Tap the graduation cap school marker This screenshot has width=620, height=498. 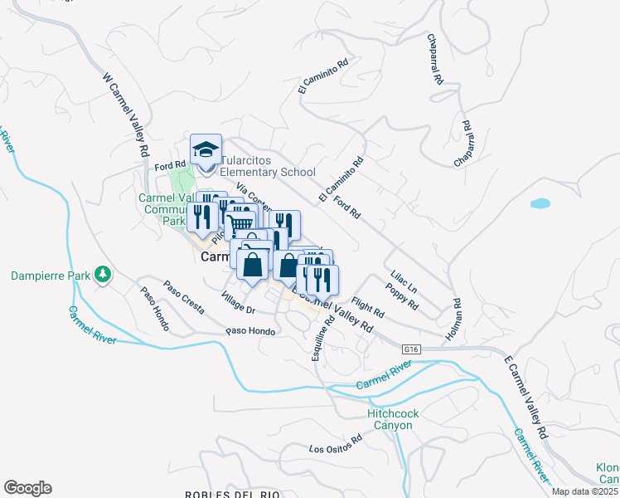coord(206,149)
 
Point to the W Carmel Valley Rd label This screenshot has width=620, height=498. coord(125,115)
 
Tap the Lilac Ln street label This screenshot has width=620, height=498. coord(402,280)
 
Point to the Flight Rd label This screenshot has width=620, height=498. coord(367,308)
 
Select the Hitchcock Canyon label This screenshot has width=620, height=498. coord(390,419)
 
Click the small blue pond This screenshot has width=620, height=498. coord(540,203)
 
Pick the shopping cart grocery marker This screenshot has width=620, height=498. coord(240,222)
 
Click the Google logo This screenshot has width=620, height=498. coord(27,488)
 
